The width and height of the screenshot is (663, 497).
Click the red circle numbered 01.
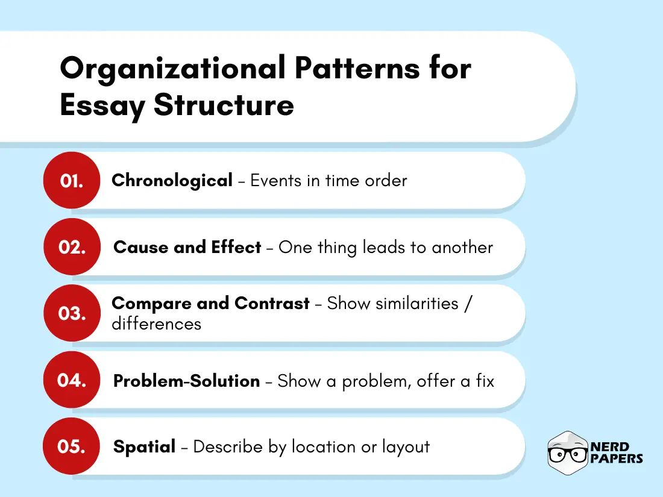[71, 180]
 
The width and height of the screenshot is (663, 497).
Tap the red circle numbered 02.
[71, 247]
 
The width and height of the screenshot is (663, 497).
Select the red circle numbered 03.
[71, 313]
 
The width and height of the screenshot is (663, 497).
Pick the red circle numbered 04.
[71, 380]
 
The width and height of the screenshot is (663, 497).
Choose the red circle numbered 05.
[71, 446]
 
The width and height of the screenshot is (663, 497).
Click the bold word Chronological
[172, 180]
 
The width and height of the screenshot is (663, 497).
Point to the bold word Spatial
[145, 446]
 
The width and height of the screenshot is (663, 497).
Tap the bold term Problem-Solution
[186, 381]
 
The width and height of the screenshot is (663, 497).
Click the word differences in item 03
[156, 324]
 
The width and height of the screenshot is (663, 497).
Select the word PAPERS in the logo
[617, 459]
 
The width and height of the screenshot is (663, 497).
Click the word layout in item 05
[407, 446]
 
